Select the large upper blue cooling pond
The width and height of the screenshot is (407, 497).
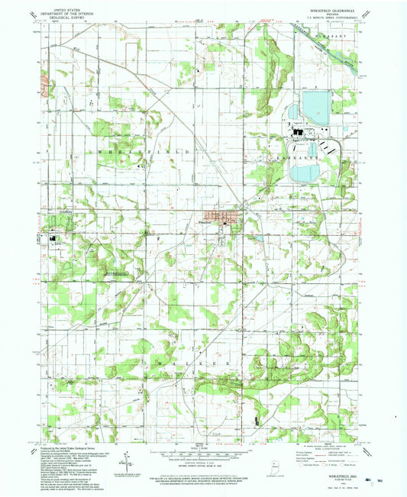click(315, 105)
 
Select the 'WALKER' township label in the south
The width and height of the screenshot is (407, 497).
click(199, 353)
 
